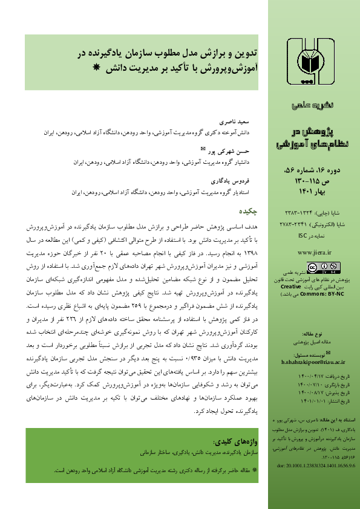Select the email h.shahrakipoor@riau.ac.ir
pos(310,358)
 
